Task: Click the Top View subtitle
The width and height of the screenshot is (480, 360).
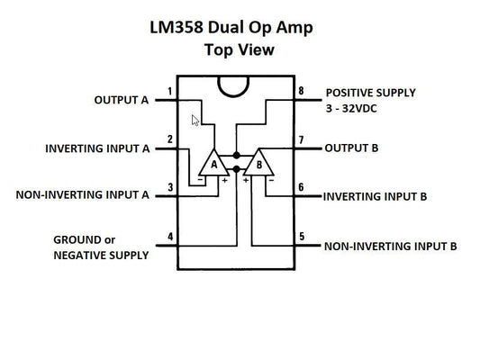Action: [x=239, y=50]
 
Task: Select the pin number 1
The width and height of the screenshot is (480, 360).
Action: [x=169, y=92]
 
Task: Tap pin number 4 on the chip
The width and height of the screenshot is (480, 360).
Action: [x=169, y=238]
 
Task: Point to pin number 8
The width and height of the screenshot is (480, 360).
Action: [x=302, y=92]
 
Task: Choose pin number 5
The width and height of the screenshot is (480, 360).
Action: [x=302, y=237]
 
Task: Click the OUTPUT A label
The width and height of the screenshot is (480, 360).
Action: [x=121, y=100]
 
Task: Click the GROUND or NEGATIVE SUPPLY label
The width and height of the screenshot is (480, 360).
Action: [x=100, y=247]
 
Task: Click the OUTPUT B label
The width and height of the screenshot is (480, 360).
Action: [x=351, y=148]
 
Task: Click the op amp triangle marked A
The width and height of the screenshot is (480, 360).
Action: [x=213, y=163]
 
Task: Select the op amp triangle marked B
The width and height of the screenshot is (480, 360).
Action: [x=258, y=163]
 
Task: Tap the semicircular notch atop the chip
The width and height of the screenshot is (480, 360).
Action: [x=235, y=85]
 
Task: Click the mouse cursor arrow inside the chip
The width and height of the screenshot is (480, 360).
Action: [x=195, y=121]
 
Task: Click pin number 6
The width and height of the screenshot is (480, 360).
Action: [x=302, y=187]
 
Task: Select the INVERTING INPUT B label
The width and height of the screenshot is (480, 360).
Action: [x=374, y=195]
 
